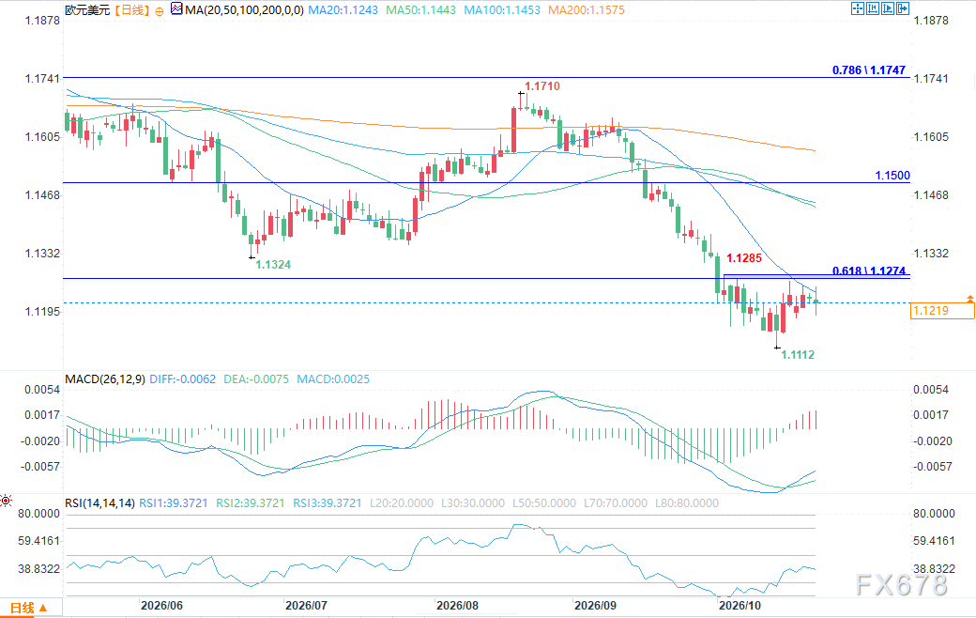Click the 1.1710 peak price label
click(542, 86)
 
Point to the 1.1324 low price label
click(273, 265)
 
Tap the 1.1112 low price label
click(798, 354)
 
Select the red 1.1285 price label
click(744, 258)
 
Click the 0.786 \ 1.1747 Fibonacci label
click(869, 70)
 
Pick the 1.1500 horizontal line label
click(892, 175)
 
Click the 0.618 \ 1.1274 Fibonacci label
click(869, 270)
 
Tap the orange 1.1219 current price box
click(942, 310)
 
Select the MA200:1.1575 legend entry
click(587, 10)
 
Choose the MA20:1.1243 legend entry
click(343, 10)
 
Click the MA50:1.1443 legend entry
click(420, 10)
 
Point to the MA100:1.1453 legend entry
click(502, 10)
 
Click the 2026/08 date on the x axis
click(458, 606)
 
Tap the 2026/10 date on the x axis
click(740, 606)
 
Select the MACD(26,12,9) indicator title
click(105, 379)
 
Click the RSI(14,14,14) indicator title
click(99, 502)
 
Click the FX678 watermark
click(902, 585)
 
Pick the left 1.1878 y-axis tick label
click(42, 20)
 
